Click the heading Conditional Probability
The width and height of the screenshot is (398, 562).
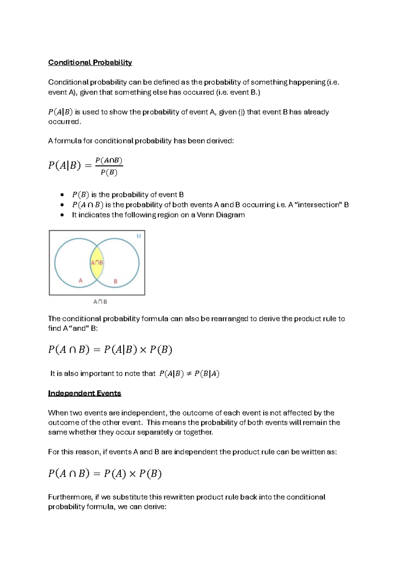(x=90, y=62)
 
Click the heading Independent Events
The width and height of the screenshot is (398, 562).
(x=84, y=393)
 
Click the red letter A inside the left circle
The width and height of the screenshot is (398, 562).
(x=80, y=281)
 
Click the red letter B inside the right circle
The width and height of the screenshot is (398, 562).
(x=115, y=281)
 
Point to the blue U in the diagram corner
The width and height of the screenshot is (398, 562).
(x=139, y=236)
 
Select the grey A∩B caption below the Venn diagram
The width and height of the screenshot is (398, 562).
(x=100, y=302)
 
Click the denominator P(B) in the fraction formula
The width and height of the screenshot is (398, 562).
(x=109, y=173)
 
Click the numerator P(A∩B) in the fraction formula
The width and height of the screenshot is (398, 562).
(x=109, y=161)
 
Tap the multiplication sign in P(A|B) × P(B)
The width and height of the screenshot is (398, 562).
(x=143, y=350)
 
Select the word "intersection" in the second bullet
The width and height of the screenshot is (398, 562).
(x=318, y=205)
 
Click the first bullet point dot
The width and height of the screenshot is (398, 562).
(x=62, y=195)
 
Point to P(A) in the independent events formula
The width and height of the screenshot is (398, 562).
(x=115, y=474)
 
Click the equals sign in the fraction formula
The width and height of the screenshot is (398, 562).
(x=88, y=166)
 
